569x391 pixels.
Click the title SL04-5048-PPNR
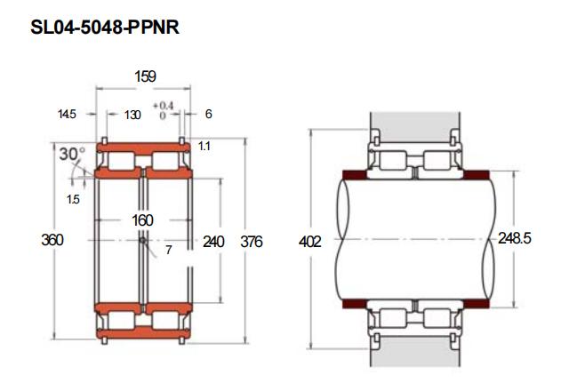tap(105, 28)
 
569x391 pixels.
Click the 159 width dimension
tap(145, 76)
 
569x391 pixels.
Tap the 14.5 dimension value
tap(67, 114)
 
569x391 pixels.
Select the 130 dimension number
tap(132, 115)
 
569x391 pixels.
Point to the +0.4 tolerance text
tap(163, 106)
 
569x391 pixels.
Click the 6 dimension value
tap(208, 114)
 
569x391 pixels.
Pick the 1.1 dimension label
tap(204, 146)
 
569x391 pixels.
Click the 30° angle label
tap(72, 154)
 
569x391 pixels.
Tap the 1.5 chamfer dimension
tap(73, 199)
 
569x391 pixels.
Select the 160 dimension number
tap(142, 220)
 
